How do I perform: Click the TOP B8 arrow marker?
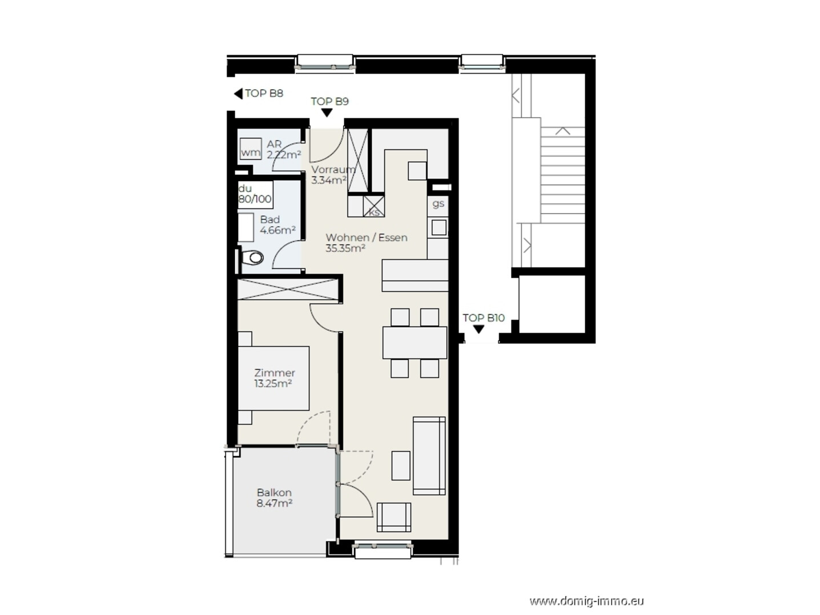point(238,93)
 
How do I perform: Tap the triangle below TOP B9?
point(327,112)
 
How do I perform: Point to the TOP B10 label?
point(484,317)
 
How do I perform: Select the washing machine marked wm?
point(250,148)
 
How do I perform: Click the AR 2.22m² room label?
point(284,150)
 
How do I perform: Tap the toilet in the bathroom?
point(252,258)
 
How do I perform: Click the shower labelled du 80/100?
point(255,195)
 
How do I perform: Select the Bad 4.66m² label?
point(278,225)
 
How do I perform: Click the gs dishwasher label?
point(438,204)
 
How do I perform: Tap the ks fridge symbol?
point(373,206)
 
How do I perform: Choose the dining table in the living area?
point(415,343)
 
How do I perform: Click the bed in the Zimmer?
point(274,378)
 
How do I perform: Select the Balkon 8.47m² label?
point(274,498)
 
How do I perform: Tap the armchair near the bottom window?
point(394,517)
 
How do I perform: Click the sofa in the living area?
point(429,456)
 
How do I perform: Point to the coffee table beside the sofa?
point(401,465)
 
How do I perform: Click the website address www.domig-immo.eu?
point(586,601)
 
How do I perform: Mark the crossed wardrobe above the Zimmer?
point(288,290)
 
